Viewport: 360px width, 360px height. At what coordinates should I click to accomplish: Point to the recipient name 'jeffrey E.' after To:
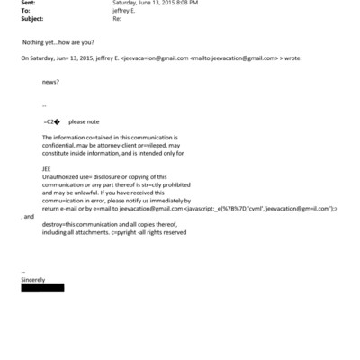tap(126, 10)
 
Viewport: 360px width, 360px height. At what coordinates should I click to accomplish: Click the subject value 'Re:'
tap(117, 18)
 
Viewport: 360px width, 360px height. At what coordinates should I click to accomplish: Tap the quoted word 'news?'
tap(51, 81)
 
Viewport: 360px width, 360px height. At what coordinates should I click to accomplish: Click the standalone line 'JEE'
tap(47, 168)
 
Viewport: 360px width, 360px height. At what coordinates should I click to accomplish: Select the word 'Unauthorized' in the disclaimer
tap(60, 176)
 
